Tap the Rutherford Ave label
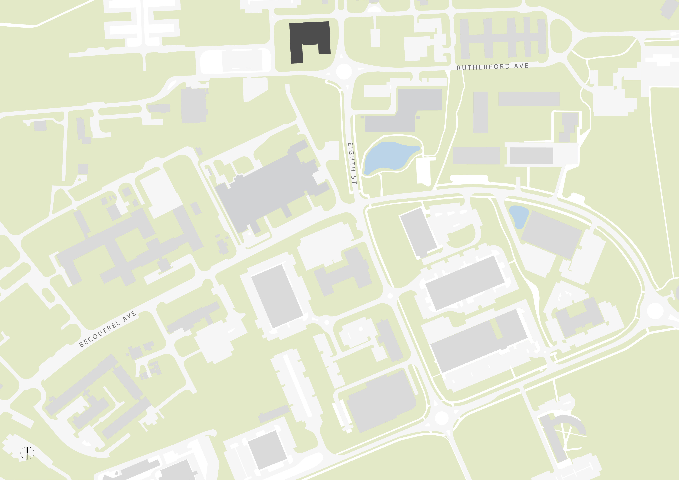click(492, 66)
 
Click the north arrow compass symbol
click(27, 453)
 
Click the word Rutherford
click(483, 67)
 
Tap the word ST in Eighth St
click(354, 180)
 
